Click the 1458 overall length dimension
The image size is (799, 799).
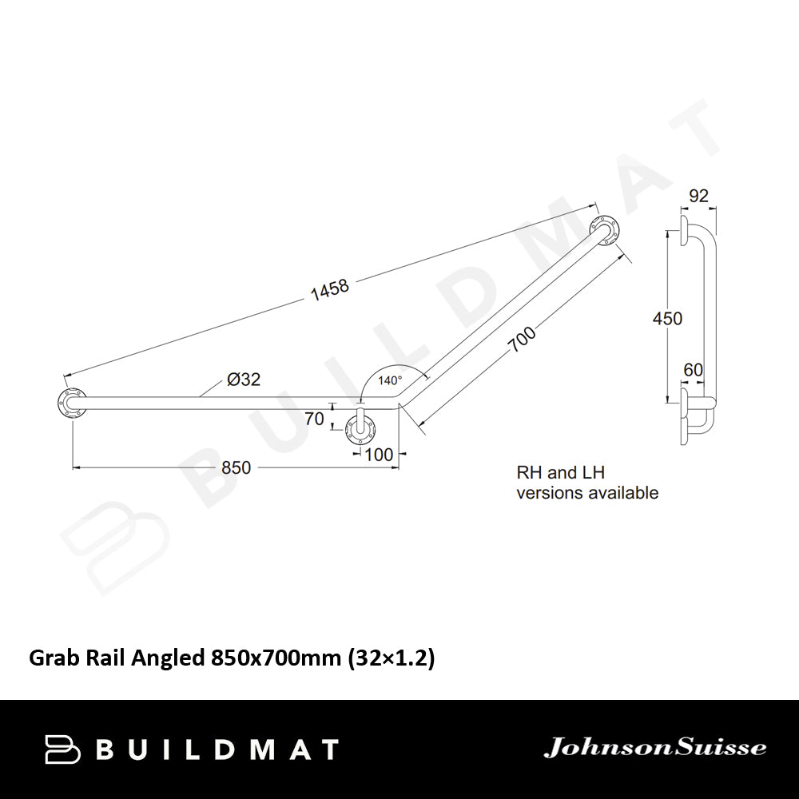(x=329, y=288)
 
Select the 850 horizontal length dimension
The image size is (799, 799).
(x=237, y=467)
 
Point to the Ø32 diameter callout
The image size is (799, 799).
(x=244, y=380)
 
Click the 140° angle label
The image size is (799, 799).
(x=391, y=381)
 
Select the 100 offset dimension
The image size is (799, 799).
(x=379, y=455)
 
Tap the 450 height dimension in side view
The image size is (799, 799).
(x=667, y=318)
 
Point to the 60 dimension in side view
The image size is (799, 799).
(x=692, y=370)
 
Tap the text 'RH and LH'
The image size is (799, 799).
(x=560, y=474)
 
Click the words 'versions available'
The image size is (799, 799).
(x=587, y=493)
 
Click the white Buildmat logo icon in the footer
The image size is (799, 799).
(x=64, y=749)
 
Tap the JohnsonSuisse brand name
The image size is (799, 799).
(x=654, y=749)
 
